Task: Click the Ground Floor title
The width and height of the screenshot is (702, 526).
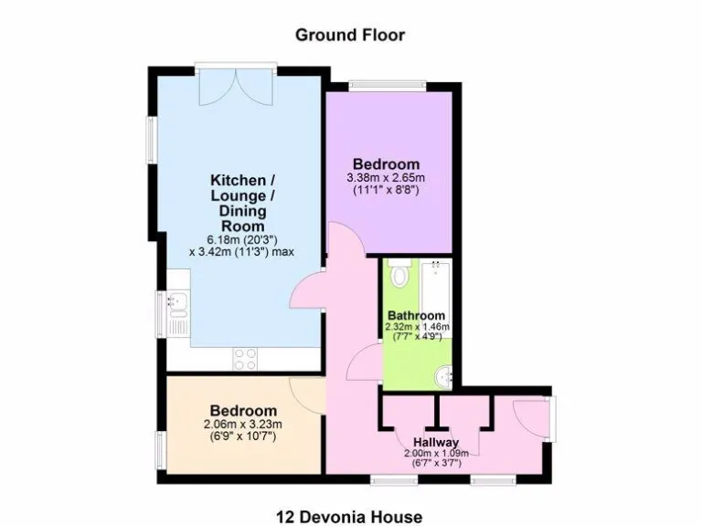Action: [x=349, y=35]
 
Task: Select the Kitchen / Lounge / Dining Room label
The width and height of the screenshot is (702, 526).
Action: [x=238, y=202]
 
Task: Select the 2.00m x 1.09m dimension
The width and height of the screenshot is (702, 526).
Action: [x=435, y=453]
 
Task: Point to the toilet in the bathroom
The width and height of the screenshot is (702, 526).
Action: [x=399, y=273]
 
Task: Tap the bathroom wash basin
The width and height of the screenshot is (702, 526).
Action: [x=443, y=373]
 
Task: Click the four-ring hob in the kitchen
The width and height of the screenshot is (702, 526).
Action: [x=245, y=358]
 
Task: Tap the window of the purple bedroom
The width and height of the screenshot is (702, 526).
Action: [x=386, y=86]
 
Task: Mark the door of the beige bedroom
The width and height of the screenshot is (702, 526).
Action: [x=304, y=394]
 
